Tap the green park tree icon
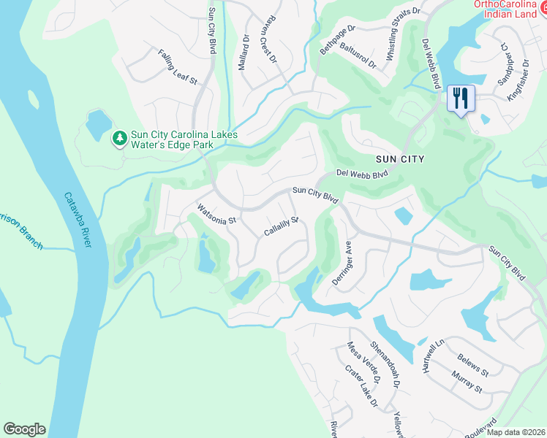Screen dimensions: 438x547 119,138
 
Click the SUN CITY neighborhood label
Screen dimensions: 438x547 400,158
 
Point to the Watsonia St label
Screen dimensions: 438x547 216,214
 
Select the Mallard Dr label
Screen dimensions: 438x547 245,52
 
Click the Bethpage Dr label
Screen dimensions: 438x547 337,39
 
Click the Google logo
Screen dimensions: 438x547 24,429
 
